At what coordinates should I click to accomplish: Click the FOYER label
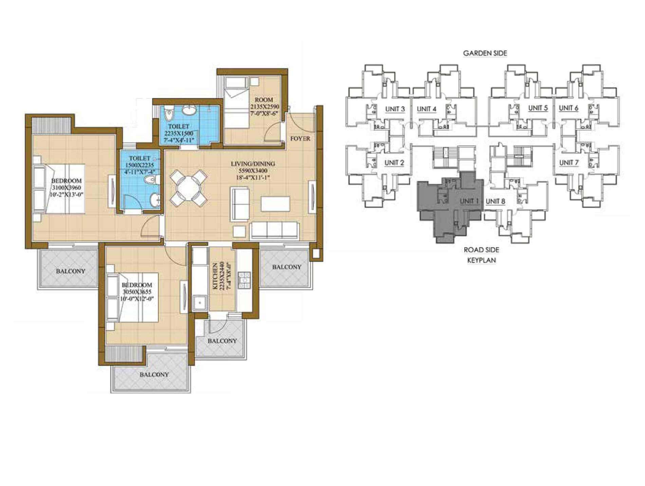tap(300, 139)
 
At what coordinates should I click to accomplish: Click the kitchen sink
tap(200, 302)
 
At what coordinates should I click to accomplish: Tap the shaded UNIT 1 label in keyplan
tap(469, 201)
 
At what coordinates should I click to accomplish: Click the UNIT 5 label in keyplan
tap(538, 108)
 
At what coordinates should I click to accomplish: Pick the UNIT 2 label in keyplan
tap(394, 163)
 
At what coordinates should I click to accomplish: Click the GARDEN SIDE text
tap(485, 53)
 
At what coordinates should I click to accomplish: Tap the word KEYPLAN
tap(481, 260)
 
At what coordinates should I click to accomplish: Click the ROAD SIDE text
tap(481, 250)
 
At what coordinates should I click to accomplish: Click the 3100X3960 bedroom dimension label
tap(67, 188)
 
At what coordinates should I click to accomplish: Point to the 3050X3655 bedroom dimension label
tap(137, 292)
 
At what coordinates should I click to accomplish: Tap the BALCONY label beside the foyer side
tap(287, 267)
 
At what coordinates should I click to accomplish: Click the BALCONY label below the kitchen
tap(222, 341)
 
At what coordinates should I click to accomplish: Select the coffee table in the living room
tap(275, 204)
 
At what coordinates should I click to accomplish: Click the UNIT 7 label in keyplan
tap(569, 163)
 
